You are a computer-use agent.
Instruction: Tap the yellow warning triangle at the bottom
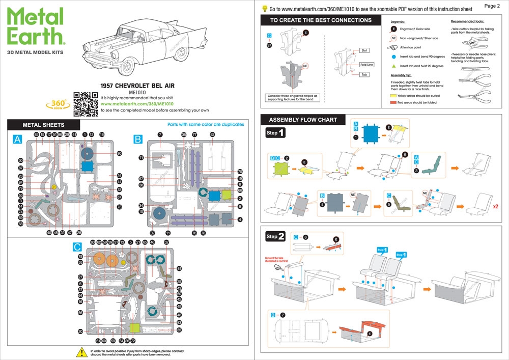tap(81, 352)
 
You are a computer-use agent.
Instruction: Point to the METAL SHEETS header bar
tap(43, 125)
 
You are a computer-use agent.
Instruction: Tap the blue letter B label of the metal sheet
tap(138, 139)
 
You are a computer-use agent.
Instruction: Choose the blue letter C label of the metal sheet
tap(77, 247)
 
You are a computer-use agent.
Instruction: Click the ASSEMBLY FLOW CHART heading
tap(303, 120)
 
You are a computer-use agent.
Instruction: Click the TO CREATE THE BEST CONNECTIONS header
tap(321, 20)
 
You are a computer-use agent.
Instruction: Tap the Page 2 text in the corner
tap(492, 6)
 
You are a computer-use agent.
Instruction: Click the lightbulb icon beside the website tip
tap(265, 8)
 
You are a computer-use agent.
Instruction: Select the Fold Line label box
tap(366, 65)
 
